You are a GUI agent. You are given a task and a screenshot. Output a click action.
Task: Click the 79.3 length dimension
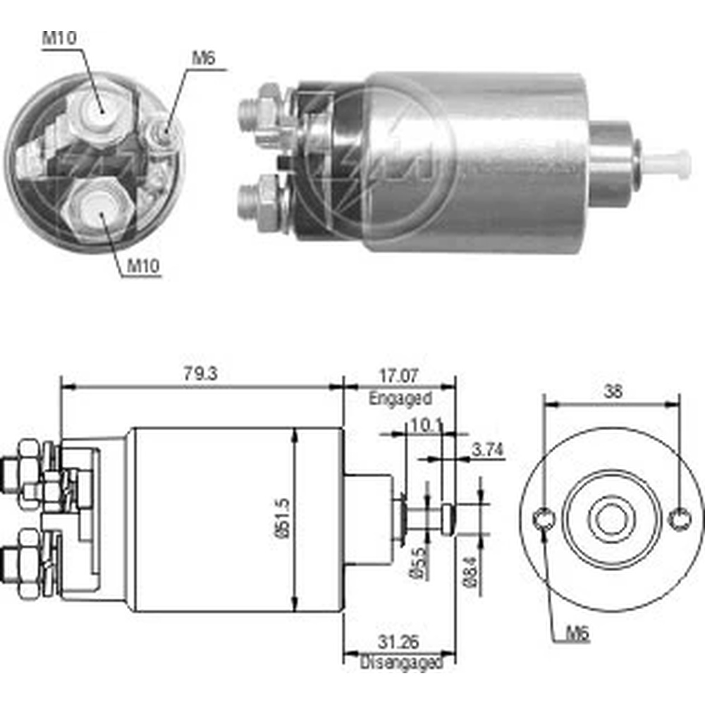tap(200, 374)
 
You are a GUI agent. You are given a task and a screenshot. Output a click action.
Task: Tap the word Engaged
tap(400, 398)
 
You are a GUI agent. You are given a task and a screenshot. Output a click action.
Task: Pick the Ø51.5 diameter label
tap(282, 520)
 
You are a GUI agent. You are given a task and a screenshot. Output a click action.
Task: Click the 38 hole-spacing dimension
tap(613, 392)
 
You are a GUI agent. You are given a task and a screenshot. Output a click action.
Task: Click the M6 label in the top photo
tap(203, 59)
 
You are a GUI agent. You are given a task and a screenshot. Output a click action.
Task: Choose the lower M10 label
tap(143, 266)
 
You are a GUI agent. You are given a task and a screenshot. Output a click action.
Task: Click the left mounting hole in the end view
tap(544, 520)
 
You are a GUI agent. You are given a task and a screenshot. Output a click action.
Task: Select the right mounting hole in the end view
tap(679, 520)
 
